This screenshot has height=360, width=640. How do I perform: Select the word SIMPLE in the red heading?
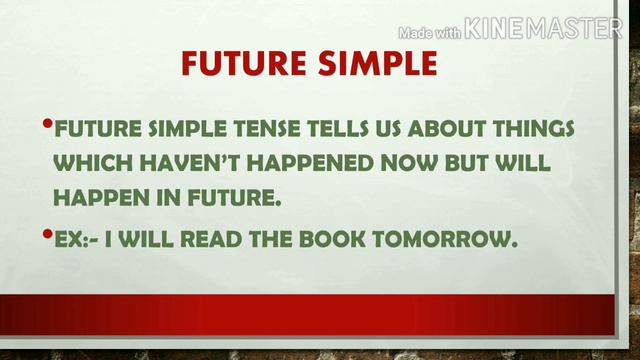point(374,65)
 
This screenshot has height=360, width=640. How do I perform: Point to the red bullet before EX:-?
point(47,235)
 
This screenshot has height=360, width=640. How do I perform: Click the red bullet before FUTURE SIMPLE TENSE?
point(47,125)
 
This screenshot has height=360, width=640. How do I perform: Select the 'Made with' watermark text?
point(431,32)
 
